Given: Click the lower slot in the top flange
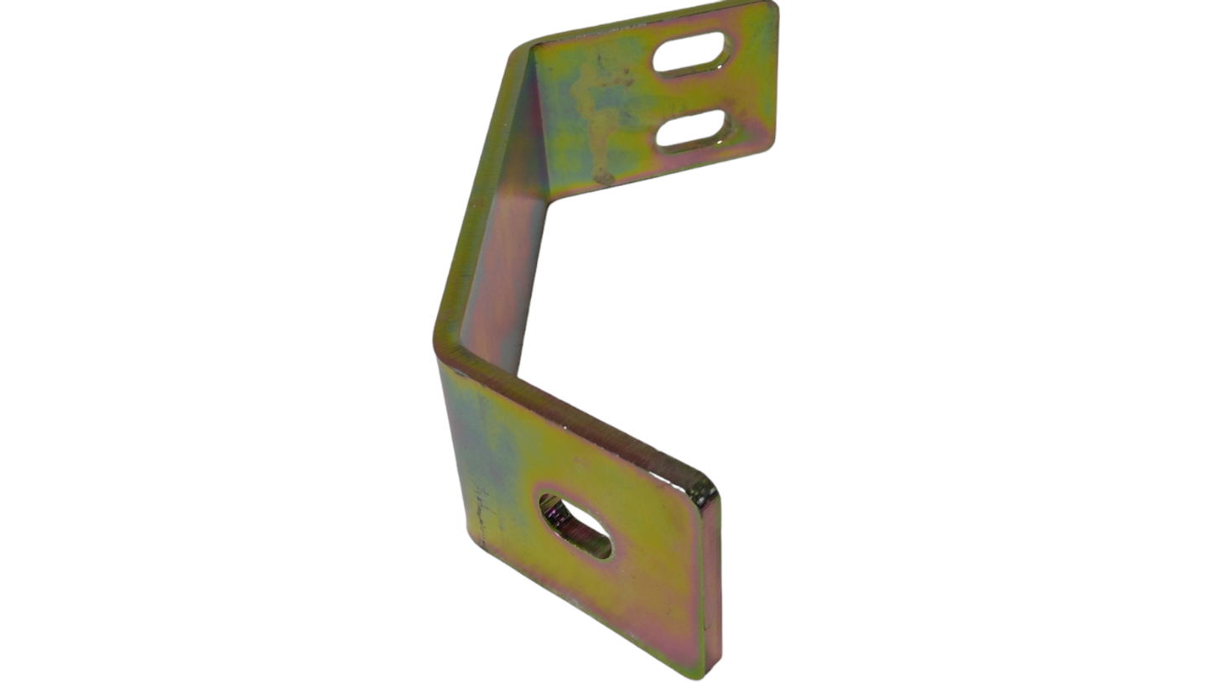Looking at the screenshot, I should pos(693,130).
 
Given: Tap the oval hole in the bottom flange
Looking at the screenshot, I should pos(575,526).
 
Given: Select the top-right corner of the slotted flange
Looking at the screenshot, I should pos(772,8).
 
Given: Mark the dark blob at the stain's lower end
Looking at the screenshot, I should pos(602,177).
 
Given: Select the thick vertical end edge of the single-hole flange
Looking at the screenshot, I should pos(710,587).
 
